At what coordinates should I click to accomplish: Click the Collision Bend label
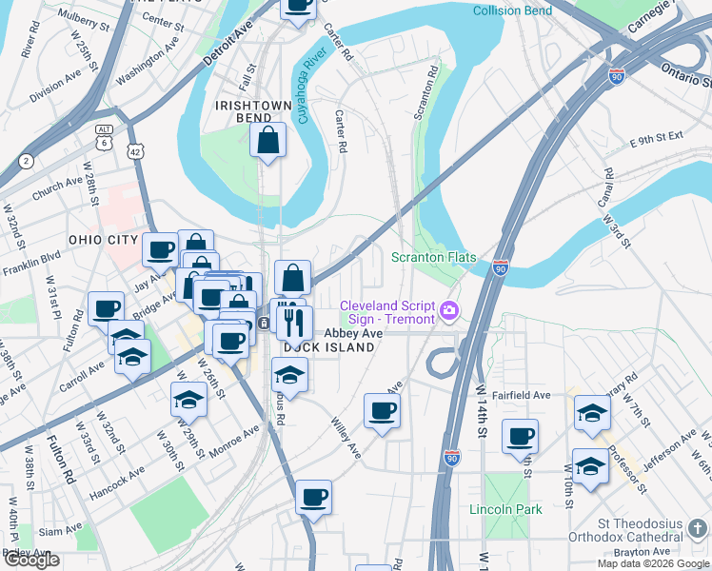pyautogui.click(x=512, y=10)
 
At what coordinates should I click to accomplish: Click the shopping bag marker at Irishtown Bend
pyautogui.click(x=268, y=141)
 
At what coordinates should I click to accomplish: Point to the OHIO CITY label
pyautogui.click(x=104, y=239)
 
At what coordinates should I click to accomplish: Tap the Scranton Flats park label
pyautogui.click(x=434, y=258)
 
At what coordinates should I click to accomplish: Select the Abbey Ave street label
pyautogui.click(x=353, y=334)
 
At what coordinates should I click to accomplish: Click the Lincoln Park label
pyautogui.click(x=505, y=509)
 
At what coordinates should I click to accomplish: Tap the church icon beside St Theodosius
pyautogui.click(x=700, y=527)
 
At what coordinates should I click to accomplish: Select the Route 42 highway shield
pyautogui.click(x=137, y=151)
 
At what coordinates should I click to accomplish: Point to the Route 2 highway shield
pyautogui.click(x=26, y=161)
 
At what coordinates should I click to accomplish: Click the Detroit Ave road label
pyautogui.click(x=228, y=45)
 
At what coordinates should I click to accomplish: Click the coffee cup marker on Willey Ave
pyautogui.click(x=382, y=411)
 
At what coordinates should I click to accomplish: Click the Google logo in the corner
pyautogui.click(x=31, y=561)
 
